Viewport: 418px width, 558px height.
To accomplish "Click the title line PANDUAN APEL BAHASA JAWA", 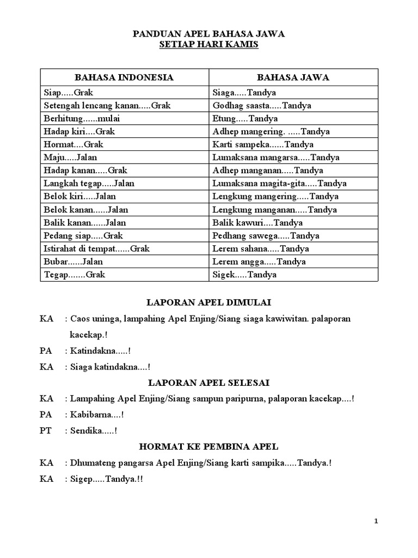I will coord(209,34).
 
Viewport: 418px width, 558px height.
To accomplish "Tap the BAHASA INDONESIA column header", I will coord(124,77).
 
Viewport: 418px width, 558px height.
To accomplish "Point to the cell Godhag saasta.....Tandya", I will coord(262,106).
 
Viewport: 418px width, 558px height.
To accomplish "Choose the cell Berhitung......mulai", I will coord(77,119).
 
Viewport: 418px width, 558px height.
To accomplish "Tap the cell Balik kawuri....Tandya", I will coord(257,223).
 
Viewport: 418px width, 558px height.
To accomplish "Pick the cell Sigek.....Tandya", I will coord(244,275).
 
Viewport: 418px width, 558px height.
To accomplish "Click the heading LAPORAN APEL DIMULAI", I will coord(210,302).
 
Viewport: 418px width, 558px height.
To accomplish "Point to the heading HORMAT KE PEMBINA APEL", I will coord(210,447).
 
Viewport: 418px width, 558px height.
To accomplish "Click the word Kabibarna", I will coord(91,415).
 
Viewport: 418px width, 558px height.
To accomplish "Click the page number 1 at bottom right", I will coord(376,521).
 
